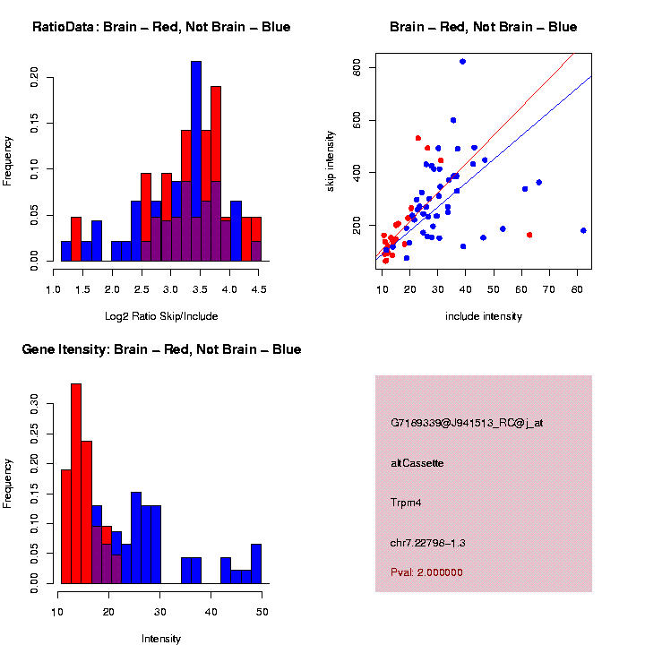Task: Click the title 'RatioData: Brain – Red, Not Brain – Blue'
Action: [x=161, y=27]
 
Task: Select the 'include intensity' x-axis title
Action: [x=484, y=316]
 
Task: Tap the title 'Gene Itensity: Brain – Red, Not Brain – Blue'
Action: [x=161, y=349]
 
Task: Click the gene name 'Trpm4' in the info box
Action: [x=407, y=503]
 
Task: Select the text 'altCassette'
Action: [x=417, y=463]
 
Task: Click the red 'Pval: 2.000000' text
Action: [x=426, y=572]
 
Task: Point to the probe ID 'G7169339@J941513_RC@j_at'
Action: [x=467, y=423]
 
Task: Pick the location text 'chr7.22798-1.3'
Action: [x=428, y=543]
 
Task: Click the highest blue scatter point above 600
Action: [x=462, y=62]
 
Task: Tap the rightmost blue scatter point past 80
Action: [x=583, y=230]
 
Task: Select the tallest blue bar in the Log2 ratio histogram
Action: [x=195, y=161]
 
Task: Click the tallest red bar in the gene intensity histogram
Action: [x=76, y=484]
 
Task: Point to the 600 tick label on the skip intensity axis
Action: [x=357, y=120]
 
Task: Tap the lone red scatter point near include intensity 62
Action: [x=529, y=235]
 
